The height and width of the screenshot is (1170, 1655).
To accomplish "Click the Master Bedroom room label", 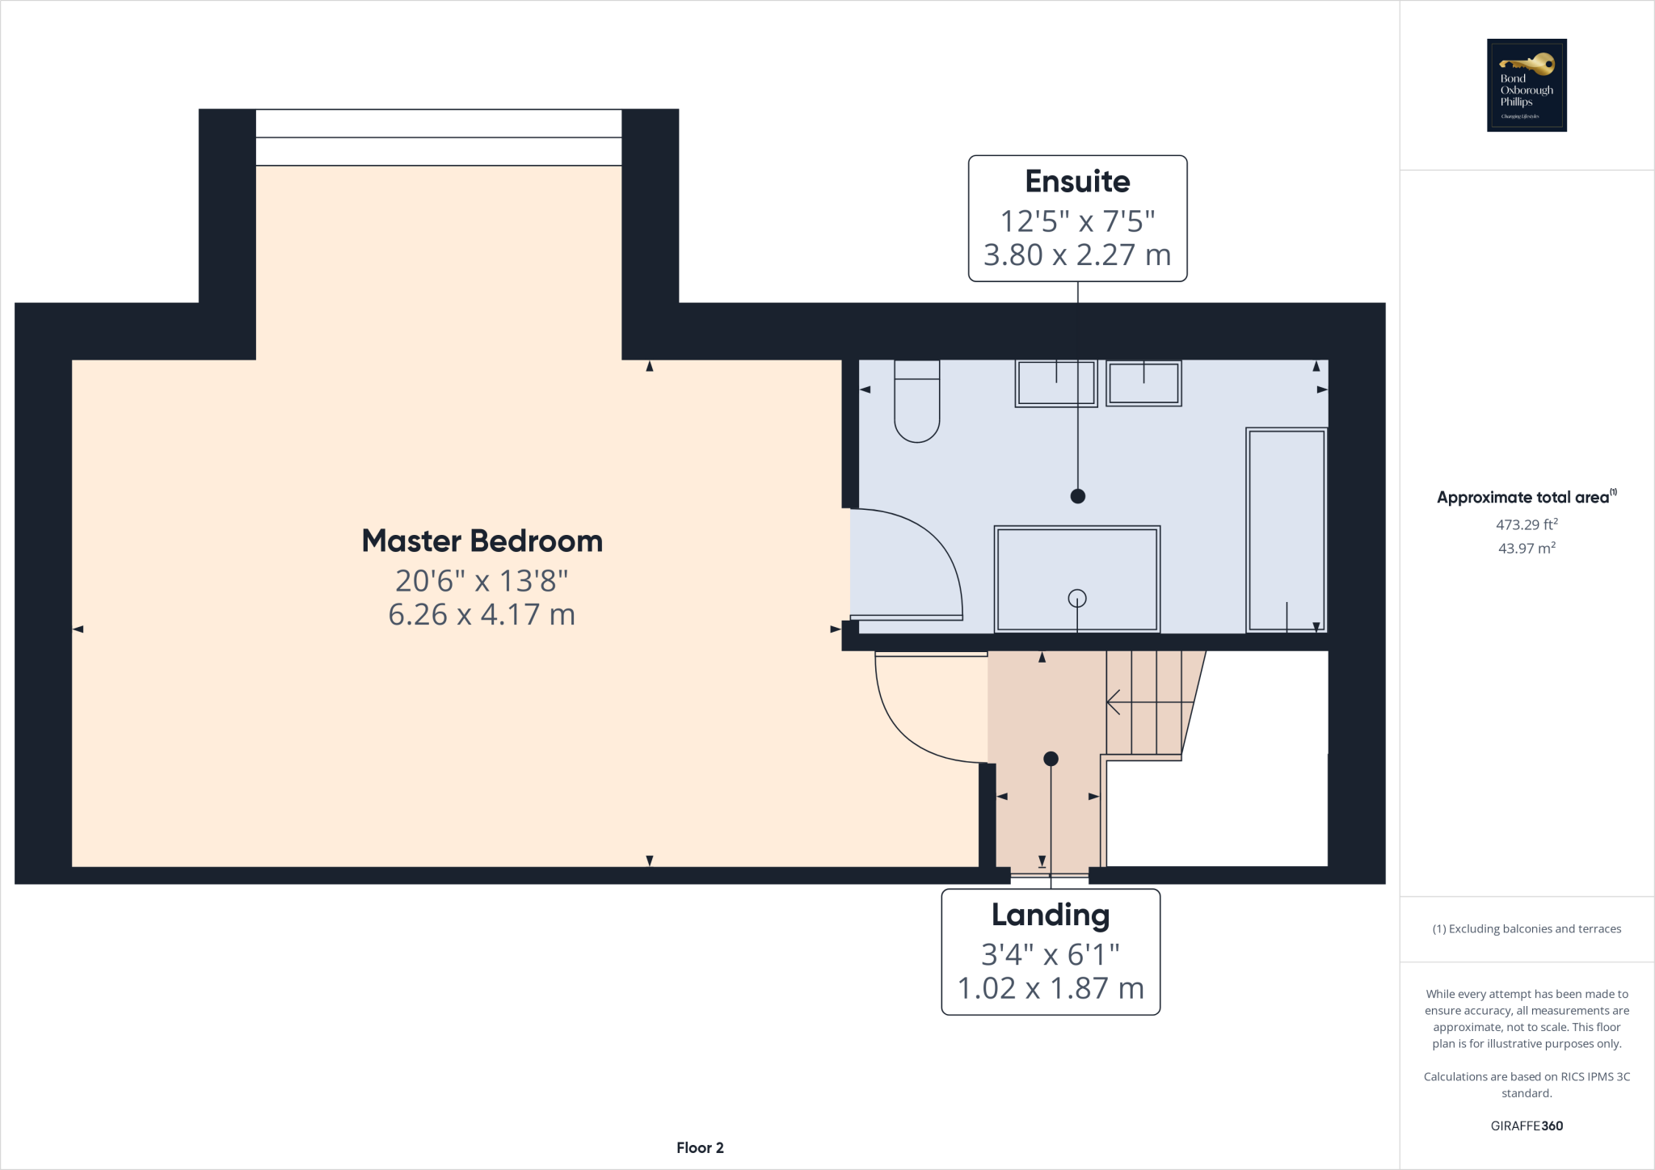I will [482, 541].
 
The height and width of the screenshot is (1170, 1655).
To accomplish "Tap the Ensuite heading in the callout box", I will [1077, 181].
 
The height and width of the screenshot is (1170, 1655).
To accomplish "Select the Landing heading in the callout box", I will [1050, 915].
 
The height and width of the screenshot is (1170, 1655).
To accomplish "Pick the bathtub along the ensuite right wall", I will [1287, 529].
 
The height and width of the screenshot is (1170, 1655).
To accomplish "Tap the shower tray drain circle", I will [1076, 598].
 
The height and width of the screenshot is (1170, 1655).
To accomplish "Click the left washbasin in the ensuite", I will [1055, 383].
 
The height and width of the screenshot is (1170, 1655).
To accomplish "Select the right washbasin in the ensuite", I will [1143, 383].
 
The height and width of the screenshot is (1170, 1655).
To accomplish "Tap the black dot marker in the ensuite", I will [1077, 496].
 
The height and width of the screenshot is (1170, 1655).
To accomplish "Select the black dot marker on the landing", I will [1051, 759].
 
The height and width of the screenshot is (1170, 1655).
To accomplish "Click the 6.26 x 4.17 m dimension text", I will [482, 615].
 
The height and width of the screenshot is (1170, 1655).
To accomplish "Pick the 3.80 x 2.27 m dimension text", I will [1077, 255].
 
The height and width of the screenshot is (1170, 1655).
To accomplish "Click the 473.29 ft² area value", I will [1526, 524].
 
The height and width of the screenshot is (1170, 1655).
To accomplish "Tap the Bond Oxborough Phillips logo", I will [1527, 85].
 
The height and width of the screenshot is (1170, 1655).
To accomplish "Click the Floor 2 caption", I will [700, 1147].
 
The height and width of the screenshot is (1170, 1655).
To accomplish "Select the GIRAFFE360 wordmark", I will [1527, 1126].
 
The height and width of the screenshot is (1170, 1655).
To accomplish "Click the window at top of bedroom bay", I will [438, 137].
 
